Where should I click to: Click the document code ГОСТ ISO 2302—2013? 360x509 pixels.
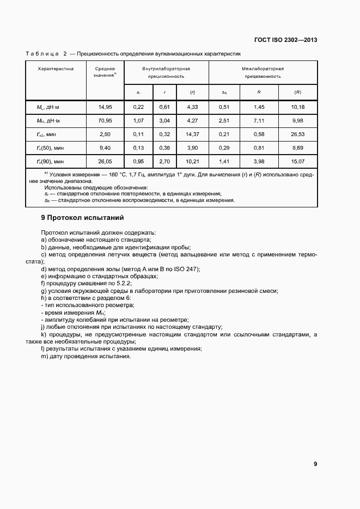point(286,40)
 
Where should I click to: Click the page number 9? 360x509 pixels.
point(315,464)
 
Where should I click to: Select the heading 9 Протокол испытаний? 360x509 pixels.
point(83,218)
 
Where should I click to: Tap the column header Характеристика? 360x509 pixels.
point(56,69)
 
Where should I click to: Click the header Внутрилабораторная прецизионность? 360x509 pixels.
point(166,73)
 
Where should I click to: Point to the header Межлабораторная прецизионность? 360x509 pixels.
point(263,73)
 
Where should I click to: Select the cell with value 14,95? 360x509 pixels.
point(105,107)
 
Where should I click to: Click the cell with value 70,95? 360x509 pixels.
point(105,121)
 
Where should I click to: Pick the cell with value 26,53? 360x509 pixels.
point(298,134)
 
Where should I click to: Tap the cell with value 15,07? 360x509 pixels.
point(298,161)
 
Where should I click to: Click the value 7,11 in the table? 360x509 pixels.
point(259,121)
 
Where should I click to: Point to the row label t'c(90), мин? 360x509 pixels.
point(50,161)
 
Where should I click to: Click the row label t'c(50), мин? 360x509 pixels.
point(50,148)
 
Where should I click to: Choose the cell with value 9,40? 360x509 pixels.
point(105,148)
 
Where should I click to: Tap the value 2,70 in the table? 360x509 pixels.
point(164,161)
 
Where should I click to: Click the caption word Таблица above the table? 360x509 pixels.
point(42,54)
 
